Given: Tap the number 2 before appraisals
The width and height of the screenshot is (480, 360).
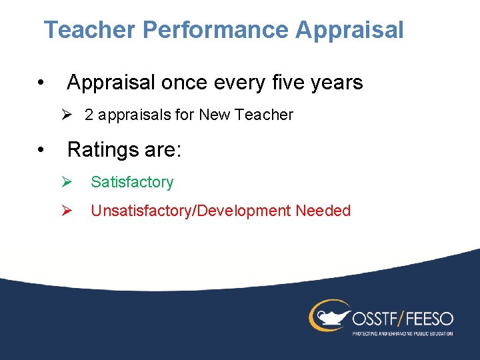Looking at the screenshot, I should (89, 115).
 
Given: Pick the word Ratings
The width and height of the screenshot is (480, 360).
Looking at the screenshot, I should (105, 149).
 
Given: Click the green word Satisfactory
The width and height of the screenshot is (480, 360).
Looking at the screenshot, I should (132, 182).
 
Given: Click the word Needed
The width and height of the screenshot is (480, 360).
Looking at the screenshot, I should (323, 211).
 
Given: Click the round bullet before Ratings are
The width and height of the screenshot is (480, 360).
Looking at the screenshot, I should (41, 149).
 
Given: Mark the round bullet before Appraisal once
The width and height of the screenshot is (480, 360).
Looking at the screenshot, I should (41, 83).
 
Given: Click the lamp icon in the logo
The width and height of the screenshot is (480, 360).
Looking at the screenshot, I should (329, 314).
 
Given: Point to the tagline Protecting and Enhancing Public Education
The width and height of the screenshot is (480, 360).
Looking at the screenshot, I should (402, 333).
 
